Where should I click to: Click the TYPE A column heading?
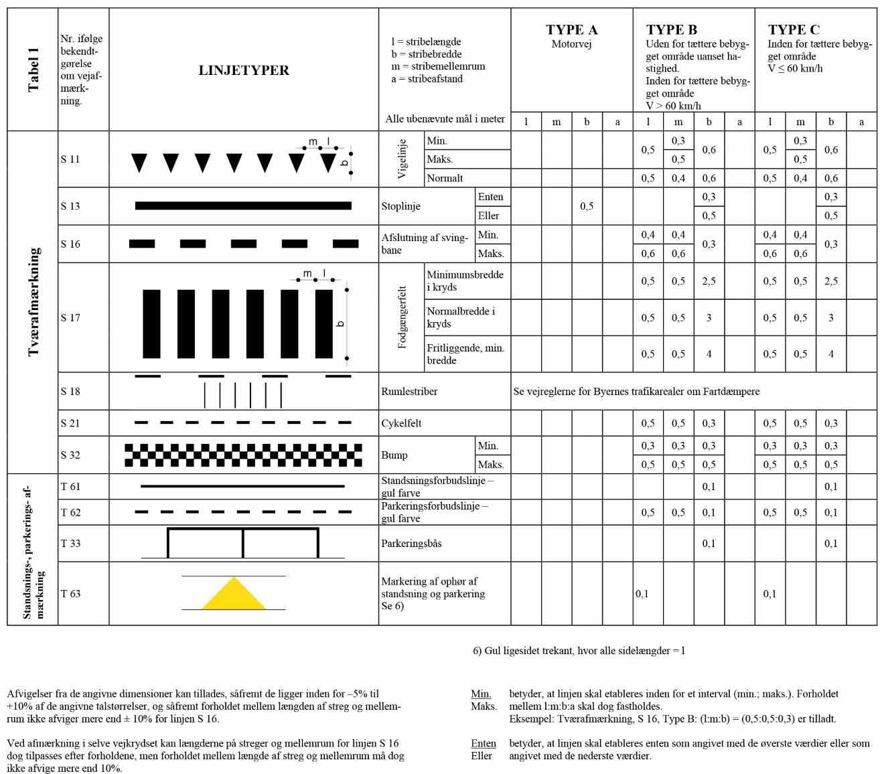click(571, 29)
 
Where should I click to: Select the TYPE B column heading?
click(671, 29)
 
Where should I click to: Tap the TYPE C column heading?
click(794, 29)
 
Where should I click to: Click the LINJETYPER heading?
click(244, 70)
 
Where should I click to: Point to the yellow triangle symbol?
click(233, 594)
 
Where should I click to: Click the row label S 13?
click(70, 206)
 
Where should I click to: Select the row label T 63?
click(70, 593)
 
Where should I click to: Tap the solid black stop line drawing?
click(243, 206)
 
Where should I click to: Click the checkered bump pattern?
click(243, 455)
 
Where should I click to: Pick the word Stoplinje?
click(400, 206)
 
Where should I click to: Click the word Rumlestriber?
click(409, 392)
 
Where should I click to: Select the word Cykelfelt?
click(401, 423)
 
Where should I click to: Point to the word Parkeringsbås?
click(411, 544)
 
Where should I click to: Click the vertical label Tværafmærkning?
click(33, 302)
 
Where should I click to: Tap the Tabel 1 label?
click(33, 70)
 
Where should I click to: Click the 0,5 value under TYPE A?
click(587, 206)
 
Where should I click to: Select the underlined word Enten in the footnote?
click(484, 743)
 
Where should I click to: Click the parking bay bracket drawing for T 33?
click(242, 543)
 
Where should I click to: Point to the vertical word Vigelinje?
click(402, 159)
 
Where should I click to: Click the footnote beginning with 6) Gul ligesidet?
click(579, 651)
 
